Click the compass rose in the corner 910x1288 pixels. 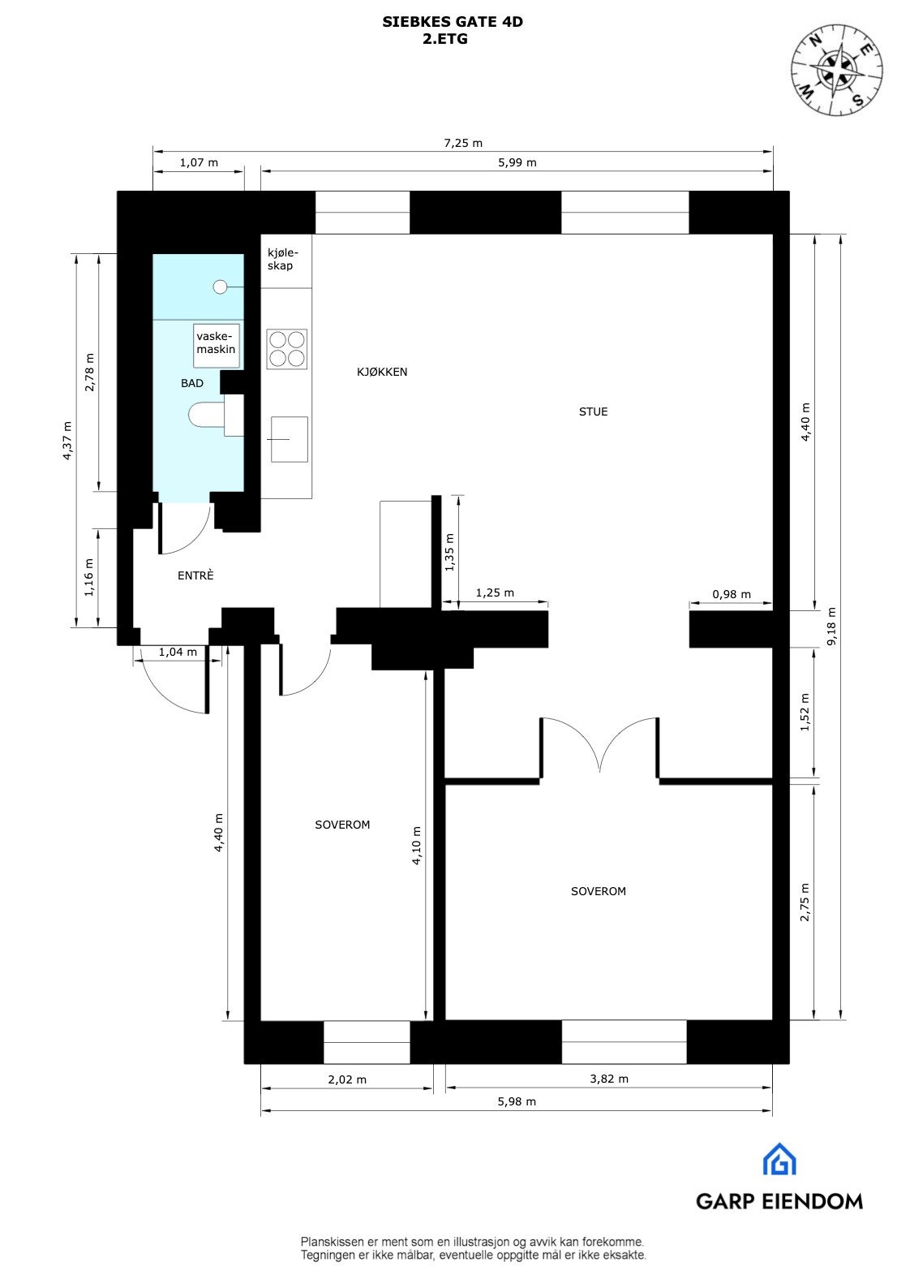click(838, 67)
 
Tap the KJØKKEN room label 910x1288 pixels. click(382, 372)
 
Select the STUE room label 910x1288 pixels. click(593, 411)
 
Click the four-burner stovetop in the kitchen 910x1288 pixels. click(287, 349)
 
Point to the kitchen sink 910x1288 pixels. click(289, 439)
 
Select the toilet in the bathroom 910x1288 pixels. click(207, 416)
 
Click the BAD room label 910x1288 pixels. click(192, 383)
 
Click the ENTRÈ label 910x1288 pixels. click(195, 575)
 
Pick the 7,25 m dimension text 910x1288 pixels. click(463, 143)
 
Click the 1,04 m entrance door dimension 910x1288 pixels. click(178, 652)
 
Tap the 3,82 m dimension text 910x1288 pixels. click(609, 1079)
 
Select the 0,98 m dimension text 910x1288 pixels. click(731, 594)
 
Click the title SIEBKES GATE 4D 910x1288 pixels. click(452, 23)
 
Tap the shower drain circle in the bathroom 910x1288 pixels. click(220, 286)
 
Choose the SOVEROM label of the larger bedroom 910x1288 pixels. click(599, 891)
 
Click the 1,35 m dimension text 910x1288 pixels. click(450, 552)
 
